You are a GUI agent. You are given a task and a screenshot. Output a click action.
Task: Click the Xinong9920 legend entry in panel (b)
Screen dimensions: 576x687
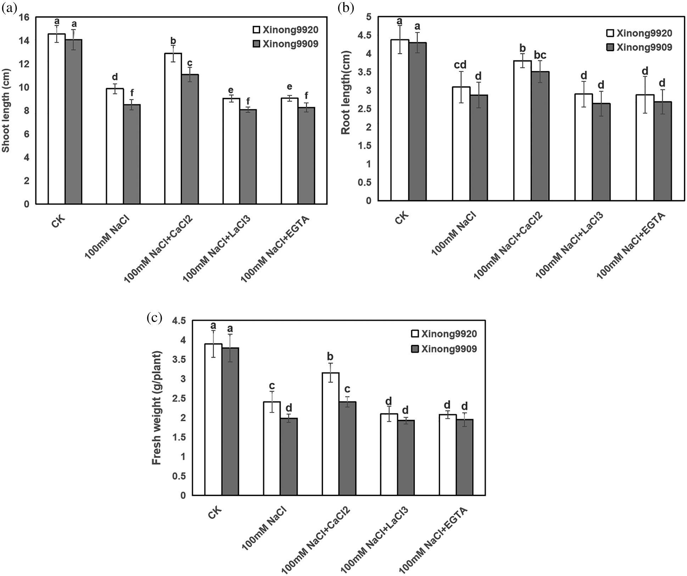(639, 33)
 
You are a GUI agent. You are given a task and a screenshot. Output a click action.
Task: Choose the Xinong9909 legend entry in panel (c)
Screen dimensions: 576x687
(444, 349)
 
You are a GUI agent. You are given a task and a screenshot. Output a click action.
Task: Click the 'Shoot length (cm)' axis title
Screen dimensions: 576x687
(6, 110)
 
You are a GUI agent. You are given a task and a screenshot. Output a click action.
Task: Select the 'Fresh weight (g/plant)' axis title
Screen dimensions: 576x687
(156, 408)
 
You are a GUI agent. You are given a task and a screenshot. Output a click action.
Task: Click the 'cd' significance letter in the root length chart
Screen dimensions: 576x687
(460, 65)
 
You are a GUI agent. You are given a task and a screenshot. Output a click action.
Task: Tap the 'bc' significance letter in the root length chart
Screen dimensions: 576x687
(540, 55)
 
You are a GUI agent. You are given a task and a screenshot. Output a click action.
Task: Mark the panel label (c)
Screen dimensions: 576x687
(154, 318)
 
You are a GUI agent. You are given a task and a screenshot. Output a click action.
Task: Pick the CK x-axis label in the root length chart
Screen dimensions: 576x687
(402, 217)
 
